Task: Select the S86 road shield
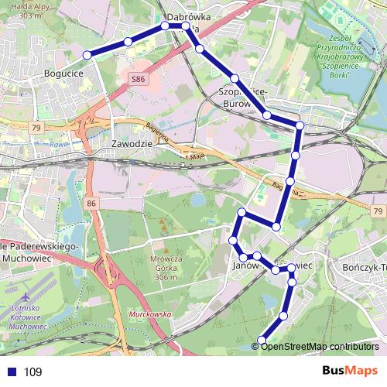click(x=139, y=79)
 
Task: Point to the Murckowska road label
click(x=149, y=315)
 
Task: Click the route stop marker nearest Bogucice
click(x=87, y=54)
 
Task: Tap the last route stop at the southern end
click(x=262, y=341)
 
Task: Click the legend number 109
click(x=33, y=372)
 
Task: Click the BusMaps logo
click(x=351, y=371)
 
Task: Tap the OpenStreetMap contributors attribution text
click(x=320, y=346)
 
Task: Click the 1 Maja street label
click(x=197, y=158)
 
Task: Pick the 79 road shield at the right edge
click(x=376, y=211)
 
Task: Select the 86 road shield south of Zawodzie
click(x=91, y=203)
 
